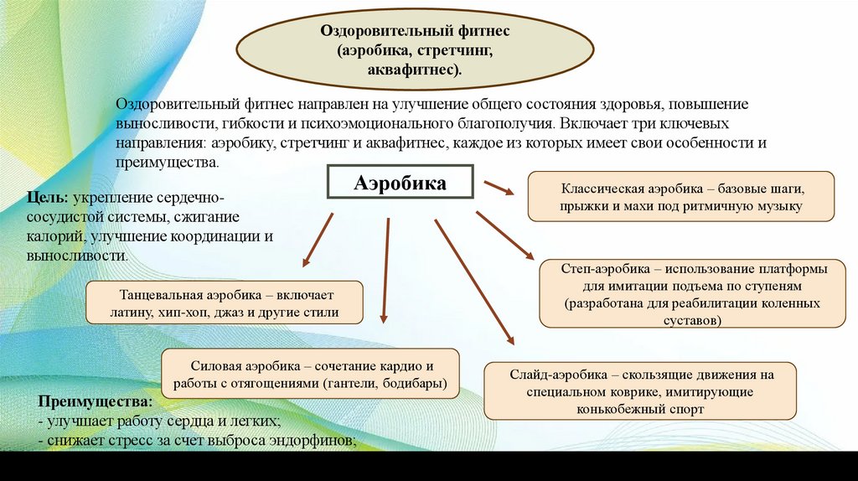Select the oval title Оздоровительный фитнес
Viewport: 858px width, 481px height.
tap(416, 49)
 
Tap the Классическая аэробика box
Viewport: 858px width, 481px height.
tap(680, 196)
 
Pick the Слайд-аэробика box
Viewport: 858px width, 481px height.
tap(640, 391)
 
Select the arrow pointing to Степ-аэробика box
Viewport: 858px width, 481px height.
tap(504, 235)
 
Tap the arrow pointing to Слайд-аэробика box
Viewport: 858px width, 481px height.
tap(474, 282)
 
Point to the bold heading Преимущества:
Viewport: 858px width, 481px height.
tap(90, 402)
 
